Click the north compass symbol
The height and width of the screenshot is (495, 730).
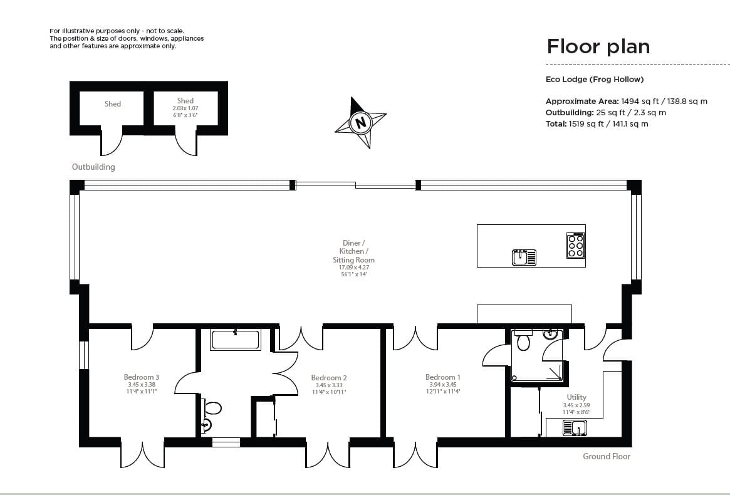[x=360, y=123]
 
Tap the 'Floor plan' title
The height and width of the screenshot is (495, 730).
[x=598, y=46]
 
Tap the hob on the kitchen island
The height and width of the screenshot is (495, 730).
[x=575, y=246]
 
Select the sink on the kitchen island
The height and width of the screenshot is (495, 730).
[x=524, y=257]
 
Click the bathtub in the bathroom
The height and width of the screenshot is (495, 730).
[x=236, y=340]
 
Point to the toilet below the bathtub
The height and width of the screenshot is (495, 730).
[x=212, y=409]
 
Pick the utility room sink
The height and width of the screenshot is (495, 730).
[x=575, y=428]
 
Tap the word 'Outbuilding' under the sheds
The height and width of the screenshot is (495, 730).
[x=93, y=167]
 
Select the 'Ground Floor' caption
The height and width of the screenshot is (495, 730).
[x=607, y=457]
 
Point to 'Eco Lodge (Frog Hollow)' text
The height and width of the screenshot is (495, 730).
[x=595, y=80]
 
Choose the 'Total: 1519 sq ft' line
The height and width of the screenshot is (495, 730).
[x=597, y=124]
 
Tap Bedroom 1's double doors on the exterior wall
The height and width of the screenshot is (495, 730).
[x=415, y=454]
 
